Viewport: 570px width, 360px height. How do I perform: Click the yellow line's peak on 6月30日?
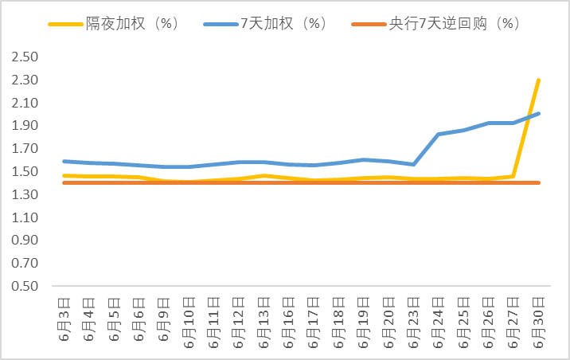tap(539, 80)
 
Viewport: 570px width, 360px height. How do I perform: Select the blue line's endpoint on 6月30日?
tap(539, 113)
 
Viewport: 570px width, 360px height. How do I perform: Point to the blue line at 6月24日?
tap(439, 134)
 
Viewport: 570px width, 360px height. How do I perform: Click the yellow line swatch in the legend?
tap(67, 24)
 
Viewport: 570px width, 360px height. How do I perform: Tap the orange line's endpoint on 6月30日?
tap(539, 182)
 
